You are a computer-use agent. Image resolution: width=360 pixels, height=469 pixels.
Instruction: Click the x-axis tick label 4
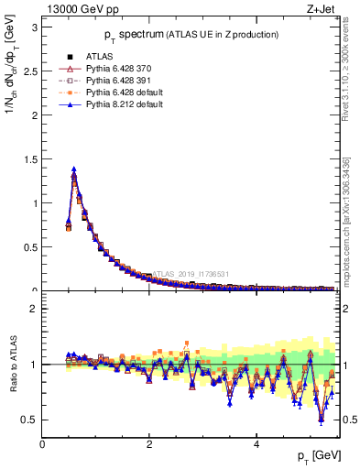(256, 444)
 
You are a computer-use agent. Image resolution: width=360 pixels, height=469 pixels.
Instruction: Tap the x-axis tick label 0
(42, 444)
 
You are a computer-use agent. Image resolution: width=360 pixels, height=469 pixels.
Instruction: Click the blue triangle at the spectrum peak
(73, 169)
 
